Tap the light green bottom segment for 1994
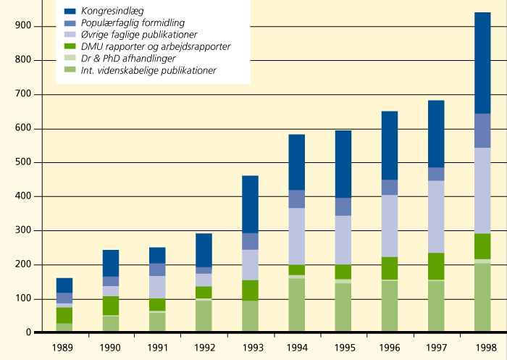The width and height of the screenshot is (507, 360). [296, 305]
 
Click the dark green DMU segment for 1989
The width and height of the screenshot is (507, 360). [64, 315]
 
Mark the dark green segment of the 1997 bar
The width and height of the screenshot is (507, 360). [436, 266]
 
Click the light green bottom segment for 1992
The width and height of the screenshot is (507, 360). [204, 316]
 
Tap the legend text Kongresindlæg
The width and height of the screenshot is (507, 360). [112, 11]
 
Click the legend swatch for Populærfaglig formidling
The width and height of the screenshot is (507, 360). [70, 23]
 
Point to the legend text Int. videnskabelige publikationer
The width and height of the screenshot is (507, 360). [148, 70]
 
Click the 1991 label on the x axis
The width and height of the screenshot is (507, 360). [157, 347]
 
